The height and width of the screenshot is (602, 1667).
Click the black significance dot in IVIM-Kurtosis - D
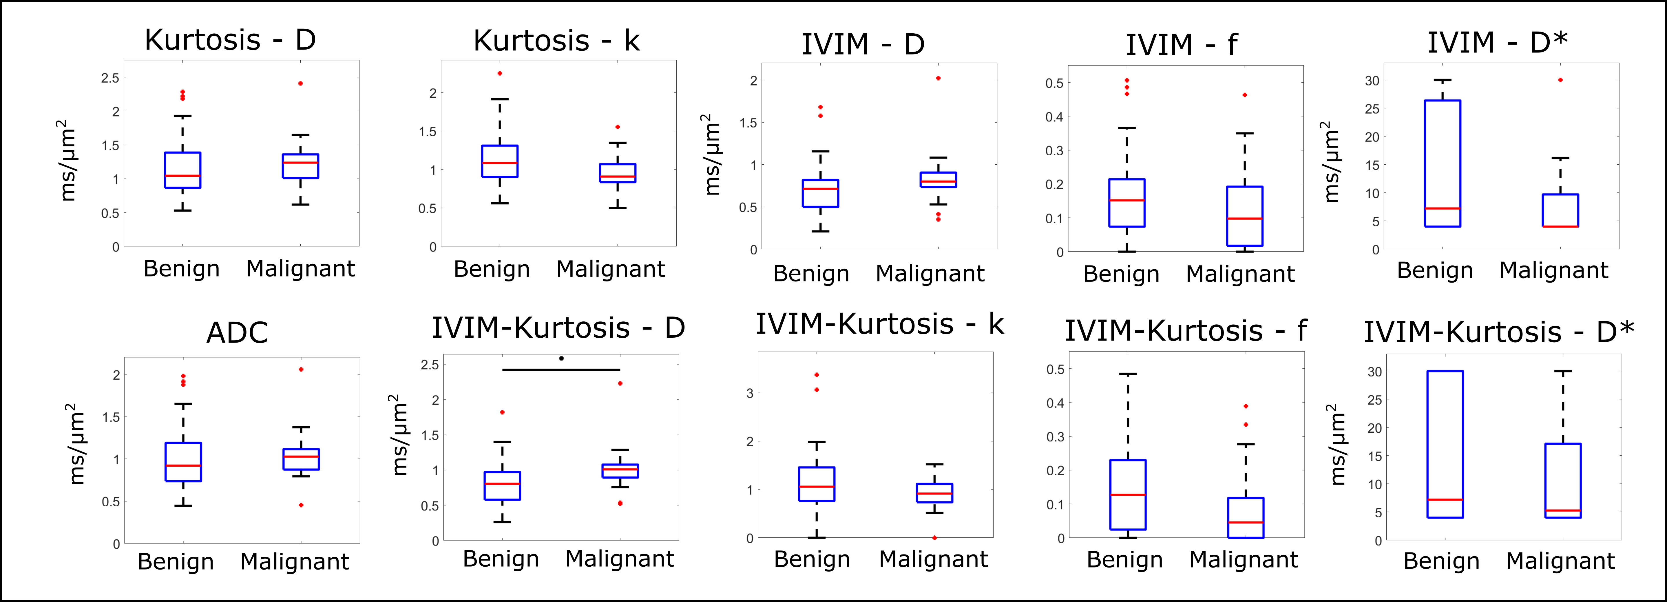(x=561, y=358)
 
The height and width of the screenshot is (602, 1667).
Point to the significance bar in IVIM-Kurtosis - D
(x=561, y=370)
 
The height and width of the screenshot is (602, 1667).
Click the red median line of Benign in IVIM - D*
(x=1443, y=208)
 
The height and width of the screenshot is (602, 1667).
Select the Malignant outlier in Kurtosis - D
(x=300, y=83)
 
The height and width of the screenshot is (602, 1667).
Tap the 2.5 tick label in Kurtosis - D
(x=110, y=78)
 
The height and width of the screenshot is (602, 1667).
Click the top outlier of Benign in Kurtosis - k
(x=500, y=73)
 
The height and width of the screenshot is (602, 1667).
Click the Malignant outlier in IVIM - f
(x=1244, y=95)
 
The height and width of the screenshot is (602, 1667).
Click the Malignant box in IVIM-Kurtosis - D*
(x=1563, y=480)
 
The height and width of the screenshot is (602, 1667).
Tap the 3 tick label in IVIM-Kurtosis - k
(x=750, y=393)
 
